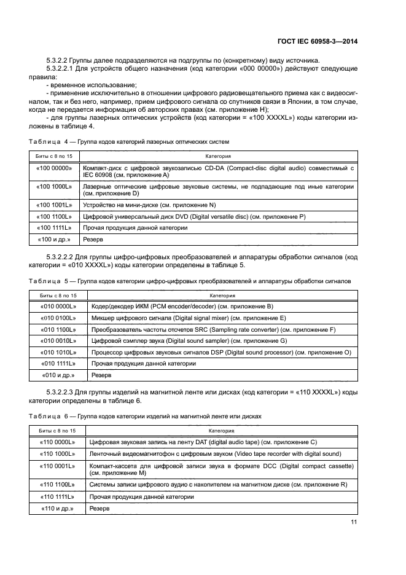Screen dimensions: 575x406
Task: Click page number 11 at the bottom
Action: (354, 523)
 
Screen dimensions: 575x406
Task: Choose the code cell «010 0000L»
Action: (58, 306)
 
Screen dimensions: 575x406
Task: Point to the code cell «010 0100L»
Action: (58, 318)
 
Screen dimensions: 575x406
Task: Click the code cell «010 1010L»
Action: (58, 352)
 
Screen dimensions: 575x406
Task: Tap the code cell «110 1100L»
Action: (58, 485)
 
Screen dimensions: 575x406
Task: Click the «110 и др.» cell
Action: (58, 509)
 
